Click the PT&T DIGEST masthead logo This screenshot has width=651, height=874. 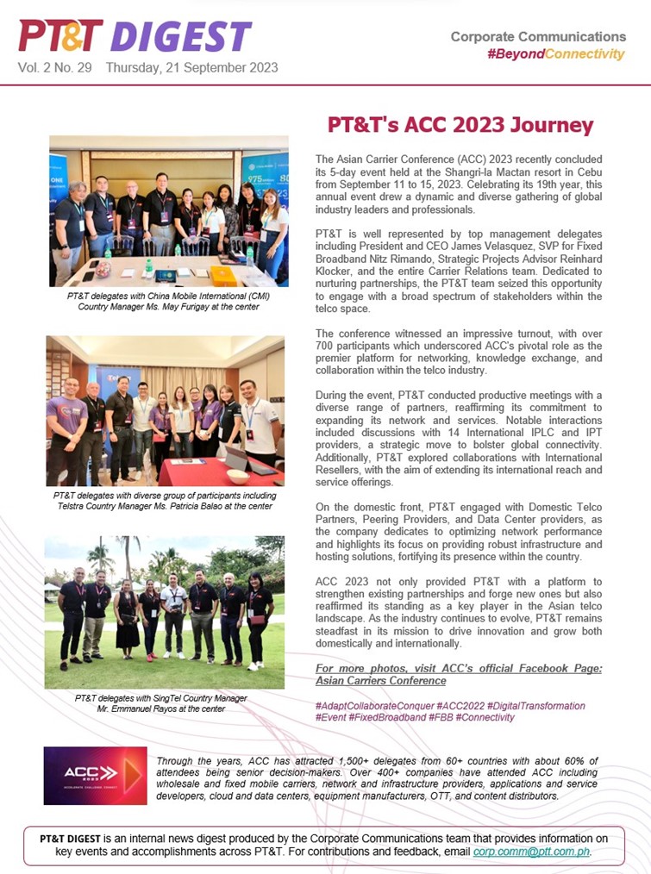[135, 36]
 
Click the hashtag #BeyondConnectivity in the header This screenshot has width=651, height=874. [555, 54]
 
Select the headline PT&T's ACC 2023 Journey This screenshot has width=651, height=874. [460, 126]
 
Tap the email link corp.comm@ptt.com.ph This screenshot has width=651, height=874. [532, 852]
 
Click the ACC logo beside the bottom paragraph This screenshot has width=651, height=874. [95, 776]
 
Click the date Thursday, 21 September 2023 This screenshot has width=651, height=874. [191, 67]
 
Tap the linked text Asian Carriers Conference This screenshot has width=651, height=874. [380, 680]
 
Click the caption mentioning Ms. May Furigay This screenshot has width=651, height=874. [169, 301]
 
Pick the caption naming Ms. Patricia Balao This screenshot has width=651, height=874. [165, 501]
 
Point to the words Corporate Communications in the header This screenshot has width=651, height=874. [538, 37]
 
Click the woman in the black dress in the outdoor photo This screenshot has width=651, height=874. [126, 617]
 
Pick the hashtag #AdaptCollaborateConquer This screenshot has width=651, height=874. [373, 706]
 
